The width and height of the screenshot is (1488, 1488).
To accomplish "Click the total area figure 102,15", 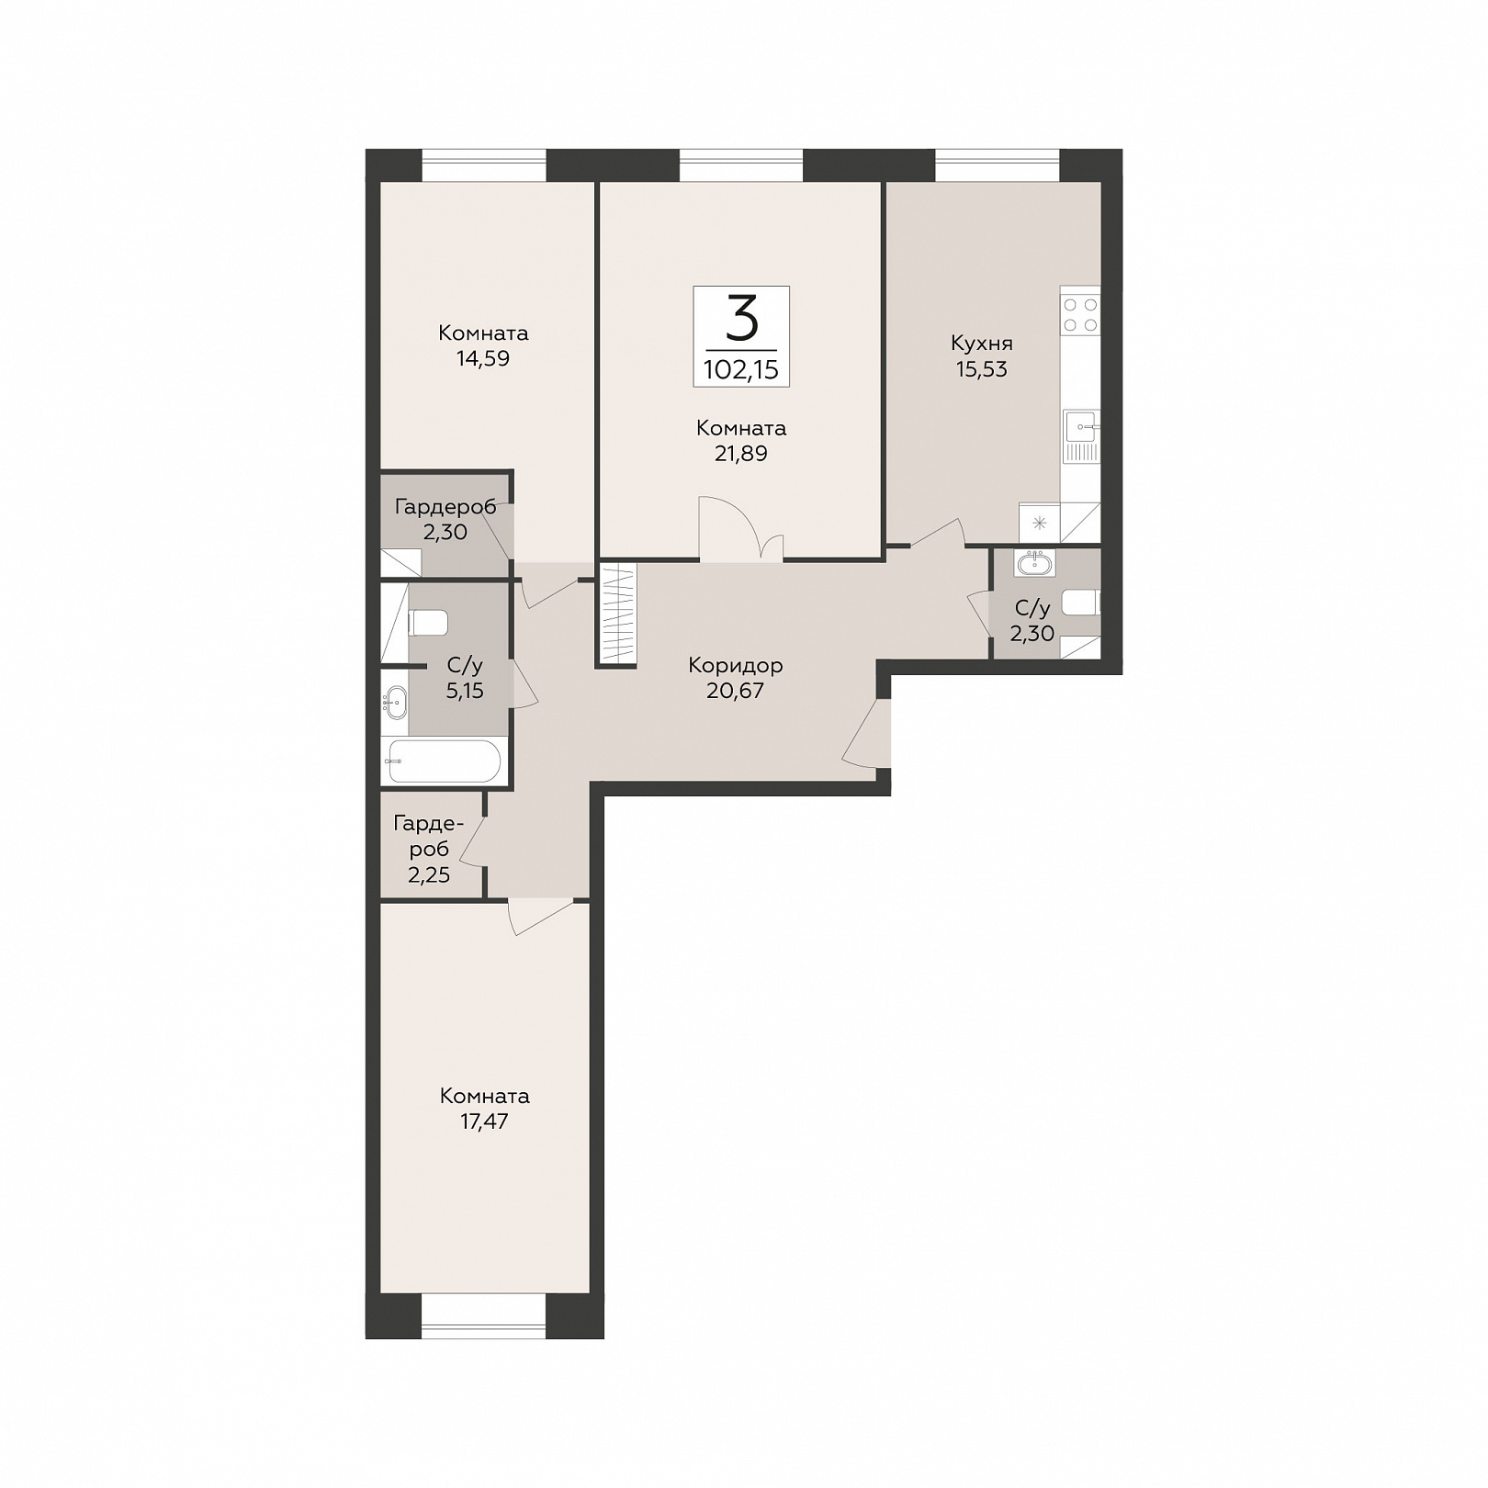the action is pos(740,369).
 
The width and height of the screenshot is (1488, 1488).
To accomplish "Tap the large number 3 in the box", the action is pos(741,318).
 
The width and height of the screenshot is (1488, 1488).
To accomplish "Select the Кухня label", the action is pos(981,344).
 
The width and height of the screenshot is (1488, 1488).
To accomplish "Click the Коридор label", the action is pos(735,665).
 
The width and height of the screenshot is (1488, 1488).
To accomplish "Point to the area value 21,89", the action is pos(740,454).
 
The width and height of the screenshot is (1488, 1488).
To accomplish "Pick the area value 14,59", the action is pos(483,359).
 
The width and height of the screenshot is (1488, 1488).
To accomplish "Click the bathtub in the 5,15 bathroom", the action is pos(445,761).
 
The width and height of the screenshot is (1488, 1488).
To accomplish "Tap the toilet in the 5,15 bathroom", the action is pos(428,623).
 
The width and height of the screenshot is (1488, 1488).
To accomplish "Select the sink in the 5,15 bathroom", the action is pos(395,704).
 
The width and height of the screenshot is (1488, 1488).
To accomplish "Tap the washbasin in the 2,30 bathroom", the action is pos(1034,562).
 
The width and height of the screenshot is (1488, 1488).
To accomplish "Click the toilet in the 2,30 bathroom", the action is pos(1081,603).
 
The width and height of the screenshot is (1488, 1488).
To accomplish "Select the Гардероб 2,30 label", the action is pos(445,519).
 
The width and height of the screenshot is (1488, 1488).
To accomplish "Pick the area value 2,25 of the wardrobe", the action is pos(429,874).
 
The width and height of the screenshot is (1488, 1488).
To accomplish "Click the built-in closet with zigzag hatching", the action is pos(617,614).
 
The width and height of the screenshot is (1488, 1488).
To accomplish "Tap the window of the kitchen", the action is pos(998,165).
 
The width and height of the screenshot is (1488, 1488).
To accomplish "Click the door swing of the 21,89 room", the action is pos(740,528).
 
